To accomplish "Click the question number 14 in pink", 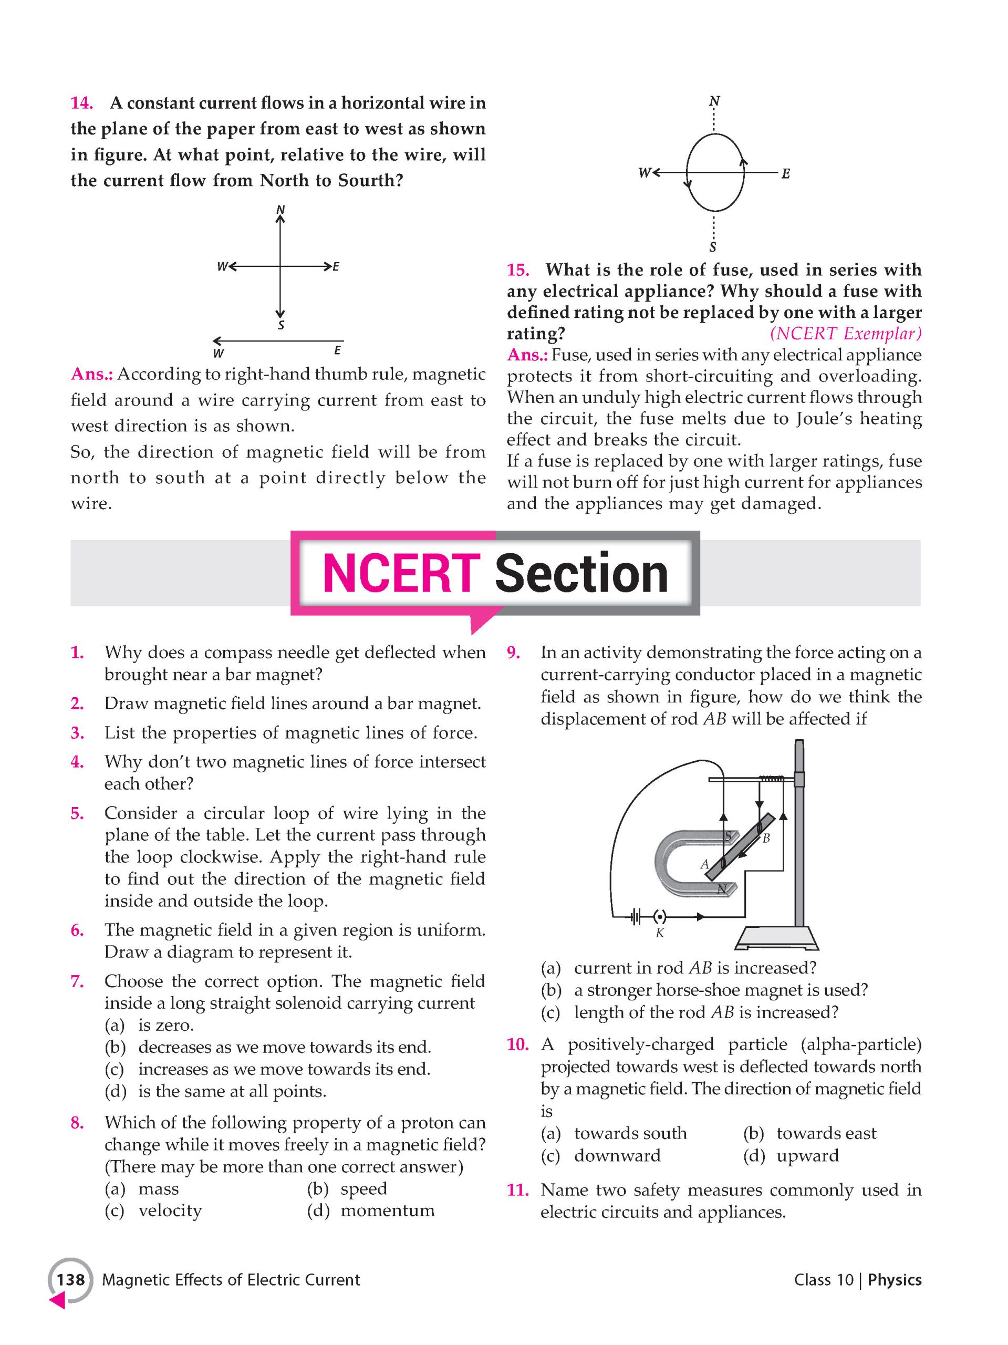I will point(81,103).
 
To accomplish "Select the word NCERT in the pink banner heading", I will point(401,573).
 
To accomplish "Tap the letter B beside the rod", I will point(766,838).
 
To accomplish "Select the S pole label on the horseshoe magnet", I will point(728,836).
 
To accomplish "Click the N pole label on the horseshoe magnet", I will point(722,889).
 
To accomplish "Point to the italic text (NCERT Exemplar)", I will point(845,334).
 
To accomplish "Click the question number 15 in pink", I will point(517,270).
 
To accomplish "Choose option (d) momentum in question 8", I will point(371,1210).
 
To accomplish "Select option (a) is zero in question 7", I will point(149,1025).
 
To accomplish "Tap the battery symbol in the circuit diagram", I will point(636,916).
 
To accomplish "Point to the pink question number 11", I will point(517,1190).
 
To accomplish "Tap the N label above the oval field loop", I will point(715,101).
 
